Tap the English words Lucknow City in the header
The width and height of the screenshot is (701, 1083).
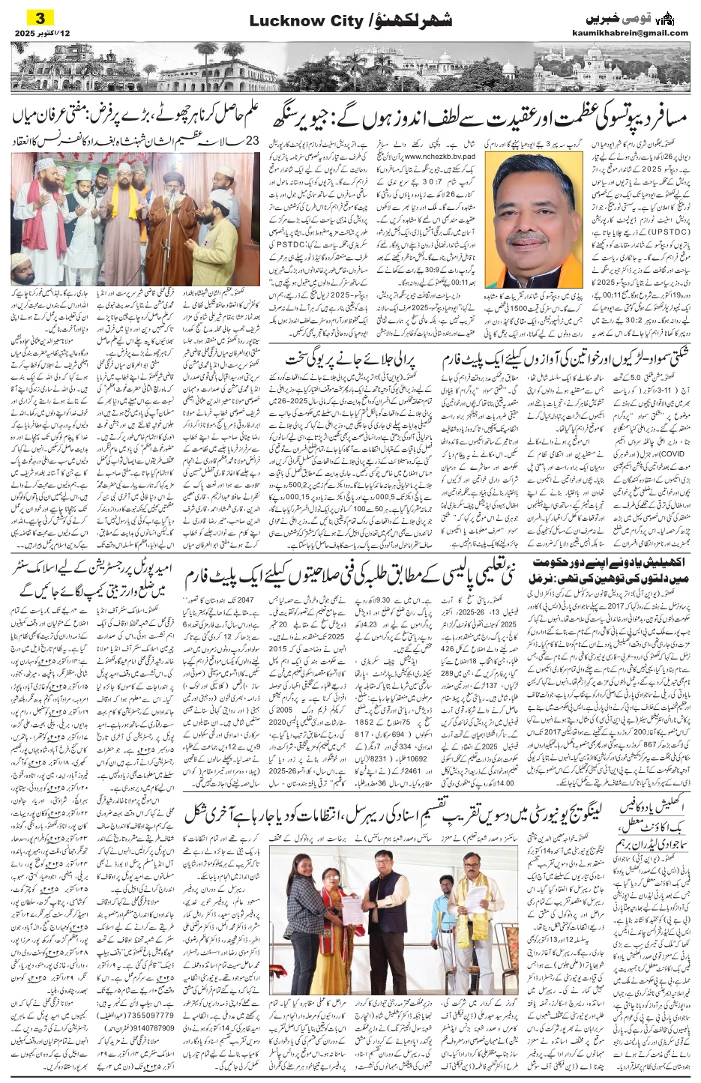tap(293, 22)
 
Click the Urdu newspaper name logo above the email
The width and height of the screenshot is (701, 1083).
tap(616, 17)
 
